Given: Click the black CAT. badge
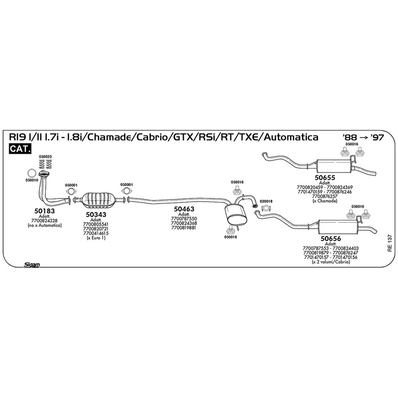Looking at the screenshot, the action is click(x=20, y=149).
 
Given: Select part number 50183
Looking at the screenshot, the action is click(x=44, y=211).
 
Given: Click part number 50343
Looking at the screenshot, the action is click(x=96, y=215).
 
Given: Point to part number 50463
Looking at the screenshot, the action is click(x=184, y=209).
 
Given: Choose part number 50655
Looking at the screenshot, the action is click(x=325, y=177).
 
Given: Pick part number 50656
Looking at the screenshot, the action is click(x=331, y=238).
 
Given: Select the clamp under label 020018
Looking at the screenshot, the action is click(x=266, y=209).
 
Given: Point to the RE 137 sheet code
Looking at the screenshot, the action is click(x=389, y=243).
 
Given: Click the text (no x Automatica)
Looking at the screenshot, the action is click(x=45, y=225).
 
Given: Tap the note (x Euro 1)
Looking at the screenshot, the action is click(x=96, y=238).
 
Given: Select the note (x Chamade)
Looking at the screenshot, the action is click(x=325, y=201).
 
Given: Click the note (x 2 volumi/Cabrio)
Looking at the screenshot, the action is click(x=331, y=262).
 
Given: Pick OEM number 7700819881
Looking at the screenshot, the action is click(x=184, y=228).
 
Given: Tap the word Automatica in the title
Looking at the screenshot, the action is click(x=291, y=137).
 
